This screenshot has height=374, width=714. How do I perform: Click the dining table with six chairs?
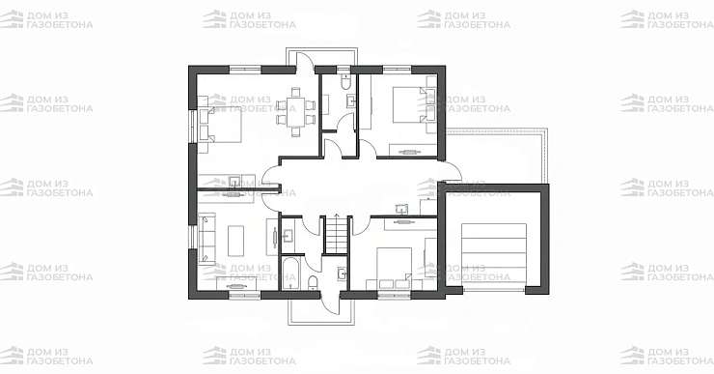[x=296, y=112]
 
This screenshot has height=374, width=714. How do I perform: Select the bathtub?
[x=289, y=273]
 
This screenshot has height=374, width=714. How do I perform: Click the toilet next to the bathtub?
[x=313, y=282]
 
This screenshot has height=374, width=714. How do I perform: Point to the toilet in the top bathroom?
[x=345, y=81]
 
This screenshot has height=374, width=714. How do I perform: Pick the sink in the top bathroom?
[x=350, y=101]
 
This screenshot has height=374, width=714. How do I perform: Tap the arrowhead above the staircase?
[x=337, y=214]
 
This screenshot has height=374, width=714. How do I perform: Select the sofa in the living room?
[x=206, y=239]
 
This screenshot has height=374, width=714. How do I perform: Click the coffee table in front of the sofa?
[x=235, y=241]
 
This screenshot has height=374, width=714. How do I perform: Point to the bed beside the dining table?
[x=219, y=125]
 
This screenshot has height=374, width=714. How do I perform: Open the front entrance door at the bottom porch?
[x=331, y=303]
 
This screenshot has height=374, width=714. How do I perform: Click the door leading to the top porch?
[x=305, y=62]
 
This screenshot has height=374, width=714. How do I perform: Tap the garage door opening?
[x=494, y=290]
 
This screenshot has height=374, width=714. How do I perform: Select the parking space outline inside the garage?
[x=494, y=253]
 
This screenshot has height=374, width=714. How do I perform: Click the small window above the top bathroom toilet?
[x=343, y=70]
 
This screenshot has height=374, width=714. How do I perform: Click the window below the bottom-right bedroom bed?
[x=395, y=295]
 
